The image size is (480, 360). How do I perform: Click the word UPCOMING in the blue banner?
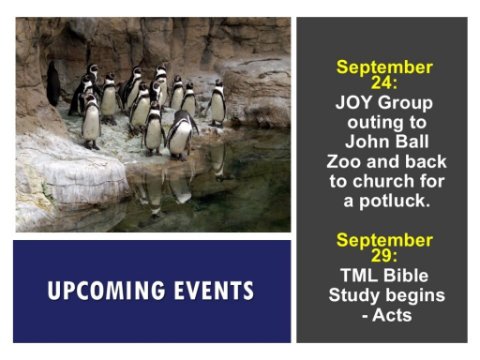coord(106,290)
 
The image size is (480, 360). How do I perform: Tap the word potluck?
coord(394,201)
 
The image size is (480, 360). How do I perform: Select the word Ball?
coord(412,142)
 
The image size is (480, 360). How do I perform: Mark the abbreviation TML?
coord(359,276)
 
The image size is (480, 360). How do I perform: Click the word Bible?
coord(405,276)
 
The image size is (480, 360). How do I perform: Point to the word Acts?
coord(392,315)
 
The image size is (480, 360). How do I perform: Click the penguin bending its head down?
coord(181,135)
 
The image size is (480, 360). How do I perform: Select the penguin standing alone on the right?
coord(217,102)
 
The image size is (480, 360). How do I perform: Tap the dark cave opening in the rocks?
coord(53,84)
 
